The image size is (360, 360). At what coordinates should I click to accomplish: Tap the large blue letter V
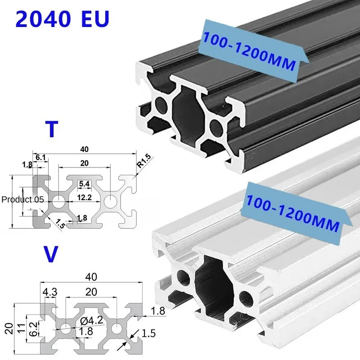[x=53, y=254]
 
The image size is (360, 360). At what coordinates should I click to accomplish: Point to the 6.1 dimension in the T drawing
[x=40, y=157]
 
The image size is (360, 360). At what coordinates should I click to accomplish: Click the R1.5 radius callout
[x=144, y=161]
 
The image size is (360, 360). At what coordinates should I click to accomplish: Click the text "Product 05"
[x=22, y=199]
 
